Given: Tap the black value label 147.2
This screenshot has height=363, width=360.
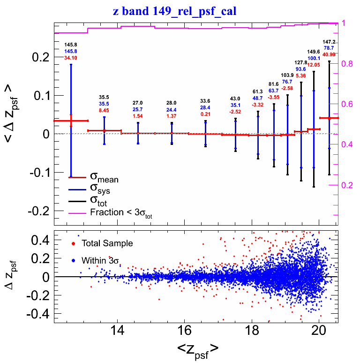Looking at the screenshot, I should [x=329, y=42].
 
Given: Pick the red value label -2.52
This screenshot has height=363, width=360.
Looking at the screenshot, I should [x=235, y=112].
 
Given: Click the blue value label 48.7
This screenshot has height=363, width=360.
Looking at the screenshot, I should [x=258, y=98].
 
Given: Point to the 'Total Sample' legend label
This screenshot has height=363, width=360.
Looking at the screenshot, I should [x=107, y=243].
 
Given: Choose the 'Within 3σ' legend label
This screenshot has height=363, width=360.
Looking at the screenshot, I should [x=100, y=259].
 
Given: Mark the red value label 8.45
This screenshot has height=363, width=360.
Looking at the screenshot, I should [x=104, y=110].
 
